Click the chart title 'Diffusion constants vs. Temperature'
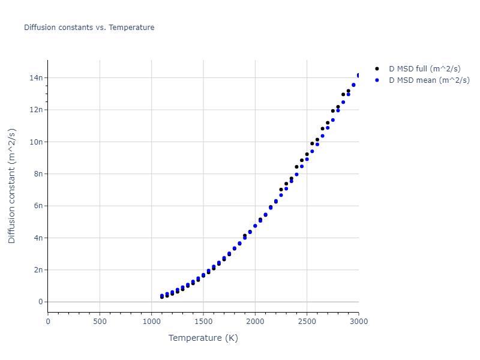tap(89, 28)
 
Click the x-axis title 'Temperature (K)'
tap(203, 338)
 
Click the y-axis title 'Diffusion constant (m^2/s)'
tap(12, 185)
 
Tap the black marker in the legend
tap(377, 69)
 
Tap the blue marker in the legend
tap(377, 80)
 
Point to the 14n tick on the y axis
tap(37, 77)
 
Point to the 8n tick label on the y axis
tap(38, 174)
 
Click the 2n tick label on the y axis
tap(38, 270)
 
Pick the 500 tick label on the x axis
tap(100, 321)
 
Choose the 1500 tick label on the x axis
tap(203, 321)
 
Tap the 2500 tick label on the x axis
tap(307, 321)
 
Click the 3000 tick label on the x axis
tap(358, 321)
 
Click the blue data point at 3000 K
tap(358, 76)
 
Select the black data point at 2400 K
tap(296, 167)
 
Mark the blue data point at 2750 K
tap(332, 120)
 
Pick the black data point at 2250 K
tap(281, 190)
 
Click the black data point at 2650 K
tap(322, 128)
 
